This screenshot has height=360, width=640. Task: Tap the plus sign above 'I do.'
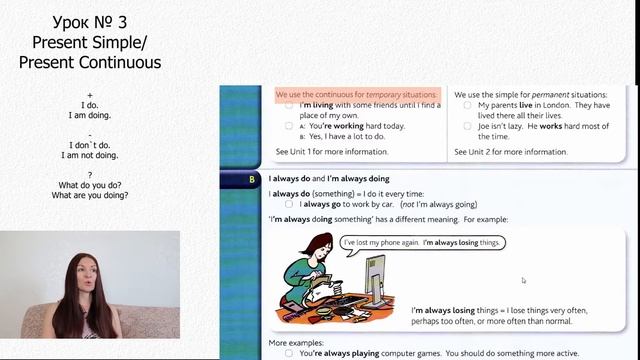coord(90,94)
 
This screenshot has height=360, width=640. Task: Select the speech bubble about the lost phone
coord(421,243)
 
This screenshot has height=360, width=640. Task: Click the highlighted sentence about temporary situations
coord(357,94)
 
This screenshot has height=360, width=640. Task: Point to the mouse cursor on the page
coord(523,280)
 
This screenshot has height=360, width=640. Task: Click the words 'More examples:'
coord(297,343)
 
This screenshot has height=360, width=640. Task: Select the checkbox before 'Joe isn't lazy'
coord(467,126)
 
